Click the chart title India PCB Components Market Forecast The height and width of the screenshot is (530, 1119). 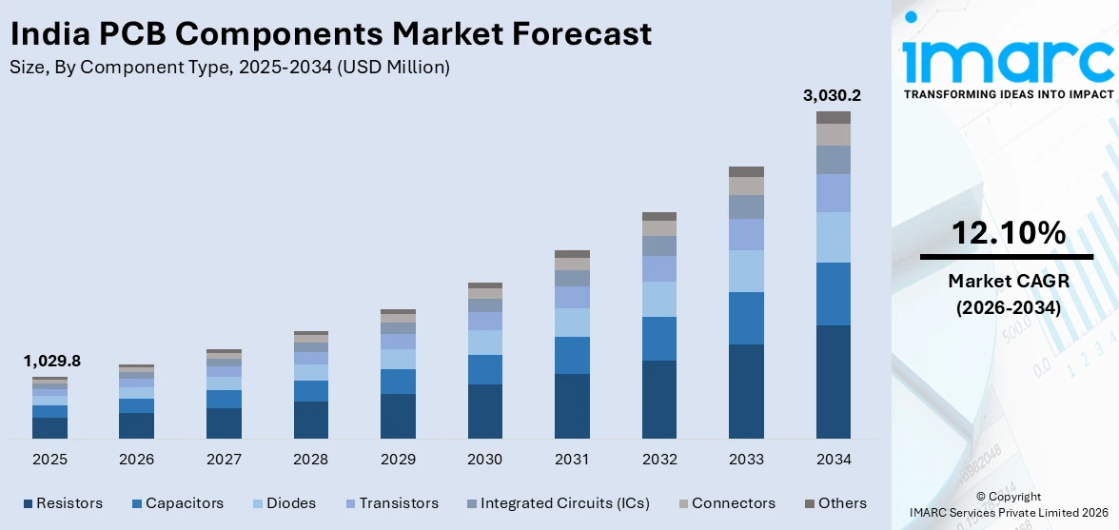point(331,34)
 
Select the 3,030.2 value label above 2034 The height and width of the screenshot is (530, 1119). point(833,95)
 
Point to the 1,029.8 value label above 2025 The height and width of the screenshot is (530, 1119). point(51,362)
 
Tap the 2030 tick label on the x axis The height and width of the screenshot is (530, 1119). point(484,460)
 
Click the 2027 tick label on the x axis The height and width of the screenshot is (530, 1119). point(224,460)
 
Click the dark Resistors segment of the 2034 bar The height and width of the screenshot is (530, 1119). point(834,382)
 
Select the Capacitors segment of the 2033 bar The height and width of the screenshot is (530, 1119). point(746,318)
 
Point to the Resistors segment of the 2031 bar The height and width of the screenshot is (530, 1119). point(572,406)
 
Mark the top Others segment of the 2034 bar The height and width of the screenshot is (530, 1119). point(834,117)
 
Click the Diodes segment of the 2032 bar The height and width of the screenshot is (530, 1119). point(659,299)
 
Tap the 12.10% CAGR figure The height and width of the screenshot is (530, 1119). point(1006,232)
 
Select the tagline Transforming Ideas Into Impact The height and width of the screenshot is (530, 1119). point(1007,94)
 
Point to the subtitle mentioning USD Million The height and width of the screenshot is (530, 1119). point(229,68)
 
